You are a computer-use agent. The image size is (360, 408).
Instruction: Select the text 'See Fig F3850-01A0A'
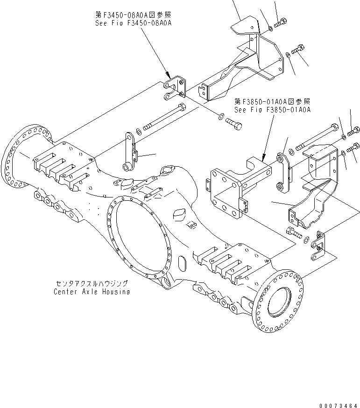(273, 110)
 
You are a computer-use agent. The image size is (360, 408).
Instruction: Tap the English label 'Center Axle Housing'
(92, 291)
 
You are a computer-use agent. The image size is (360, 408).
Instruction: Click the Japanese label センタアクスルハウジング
(92, 283)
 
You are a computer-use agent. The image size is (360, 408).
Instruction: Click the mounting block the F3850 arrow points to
(233, 187)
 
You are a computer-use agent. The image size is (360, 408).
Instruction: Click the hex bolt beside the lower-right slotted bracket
(292, 232)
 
